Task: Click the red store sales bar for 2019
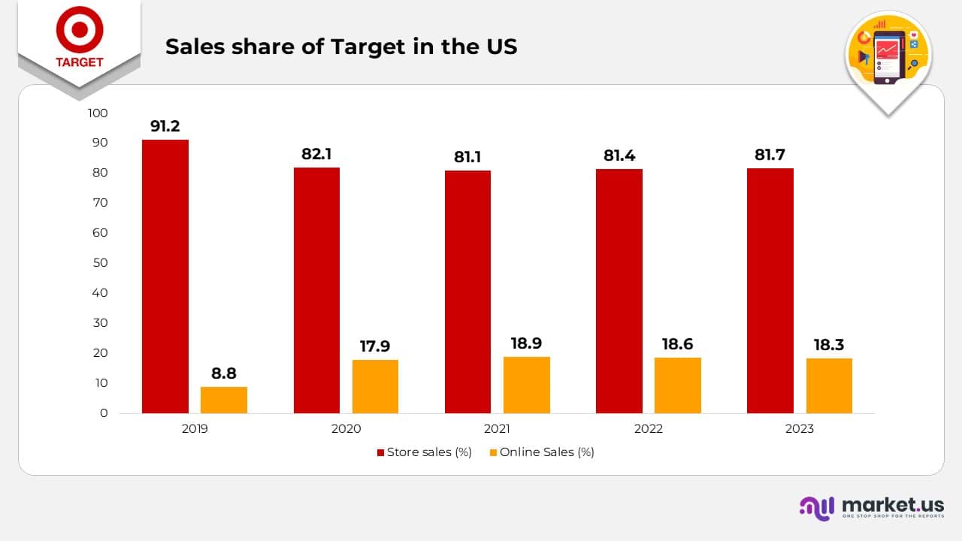coord(165,277)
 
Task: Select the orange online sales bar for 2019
coord(224,400)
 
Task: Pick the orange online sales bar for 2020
coord(375,386)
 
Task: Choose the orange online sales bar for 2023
coord(829,385)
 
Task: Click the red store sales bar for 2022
coord(619,291)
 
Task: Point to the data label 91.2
coord(165,126)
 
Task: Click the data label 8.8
coord(224,373)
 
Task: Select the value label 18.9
coord(527,343)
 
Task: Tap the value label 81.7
coord(770,155)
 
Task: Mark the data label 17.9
coord(375,346)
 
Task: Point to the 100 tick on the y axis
coord(98,113)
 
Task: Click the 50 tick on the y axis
coord(101,263)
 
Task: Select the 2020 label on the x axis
coord(346,429)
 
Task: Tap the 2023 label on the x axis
coord(799,429)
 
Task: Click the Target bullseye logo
coord(79,30)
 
